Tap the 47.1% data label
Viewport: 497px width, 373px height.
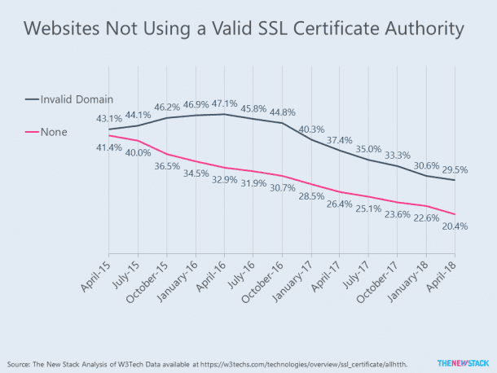(222, 103)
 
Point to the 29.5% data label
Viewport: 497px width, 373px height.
(456, 170)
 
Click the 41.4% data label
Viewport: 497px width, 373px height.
(108, 147)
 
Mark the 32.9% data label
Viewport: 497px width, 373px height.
(222, 180)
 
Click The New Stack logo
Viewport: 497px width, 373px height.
(462, 362)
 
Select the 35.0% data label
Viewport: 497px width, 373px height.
(369, 149)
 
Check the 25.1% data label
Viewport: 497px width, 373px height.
(369, 209)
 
